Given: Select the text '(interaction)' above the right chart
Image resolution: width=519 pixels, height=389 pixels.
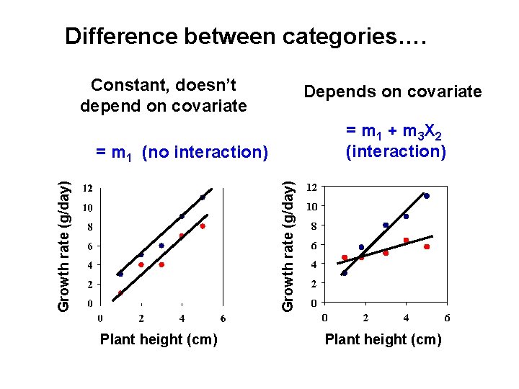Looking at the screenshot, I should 396,151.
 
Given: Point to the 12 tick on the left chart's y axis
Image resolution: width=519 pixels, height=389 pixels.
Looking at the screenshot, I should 86,188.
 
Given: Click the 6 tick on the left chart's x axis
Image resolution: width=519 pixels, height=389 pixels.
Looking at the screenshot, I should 223,318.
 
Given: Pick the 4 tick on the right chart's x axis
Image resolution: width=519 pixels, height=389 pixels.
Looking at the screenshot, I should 407,318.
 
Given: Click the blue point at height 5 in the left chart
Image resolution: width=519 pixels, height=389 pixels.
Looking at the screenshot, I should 203,197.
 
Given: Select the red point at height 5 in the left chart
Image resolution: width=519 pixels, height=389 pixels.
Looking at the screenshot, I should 203,226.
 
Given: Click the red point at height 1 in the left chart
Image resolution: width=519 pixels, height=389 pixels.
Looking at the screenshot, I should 120,293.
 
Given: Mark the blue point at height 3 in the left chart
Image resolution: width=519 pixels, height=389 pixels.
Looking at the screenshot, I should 161,246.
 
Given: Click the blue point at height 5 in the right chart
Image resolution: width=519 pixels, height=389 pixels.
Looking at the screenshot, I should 427,196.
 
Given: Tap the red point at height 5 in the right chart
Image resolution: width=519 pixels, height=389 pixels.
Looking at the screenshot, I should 427,247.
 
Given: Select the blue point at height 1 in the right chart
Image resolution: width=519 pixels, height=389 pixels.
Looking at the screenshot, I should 344,273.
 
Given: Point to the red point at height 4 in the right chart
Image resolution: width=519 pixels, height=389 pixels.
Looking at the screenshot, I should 406,240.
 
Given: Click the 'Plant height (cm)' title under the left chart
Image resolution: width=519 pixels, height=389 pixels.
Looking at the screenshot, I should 159,339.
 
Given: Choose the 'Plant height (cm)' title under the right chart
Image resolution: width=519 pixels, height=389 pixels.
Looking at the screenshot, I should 383,339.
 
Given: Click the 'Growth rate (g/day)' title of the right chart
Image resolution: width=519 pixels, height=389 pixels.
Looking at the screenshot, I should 288,246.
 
